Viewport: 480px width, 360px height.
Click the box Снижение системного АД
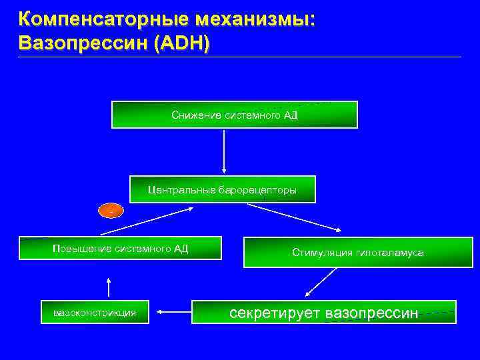[x=234, y=115]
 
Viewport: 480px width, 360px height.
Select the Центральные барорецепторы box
[x=222, y=190]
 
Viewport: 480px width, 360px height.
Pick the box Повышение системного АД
[x=120, y=248]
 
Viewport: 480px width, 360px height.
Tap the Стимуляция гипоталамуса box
[x=357, y=253]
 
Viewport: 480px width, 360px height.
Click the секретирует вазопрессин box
[x=324, y=312]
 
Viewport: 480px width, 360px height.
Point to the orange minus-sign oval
[x=111, y=211]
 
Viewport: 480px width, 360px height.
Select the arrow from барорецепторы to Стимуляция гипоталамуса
[x=293, y=217]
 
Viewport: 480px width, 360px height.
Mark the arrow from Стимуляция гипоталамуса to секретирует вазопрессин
[x=319, y=283]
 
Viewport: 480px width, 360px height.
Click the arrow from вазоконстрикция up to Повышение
[x=109, y=287]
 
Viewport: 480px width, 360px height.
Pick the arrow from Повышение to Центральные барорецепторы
[x=147, y=221]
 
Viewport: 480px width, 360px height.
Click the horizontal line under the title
[x=240, y=57]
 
